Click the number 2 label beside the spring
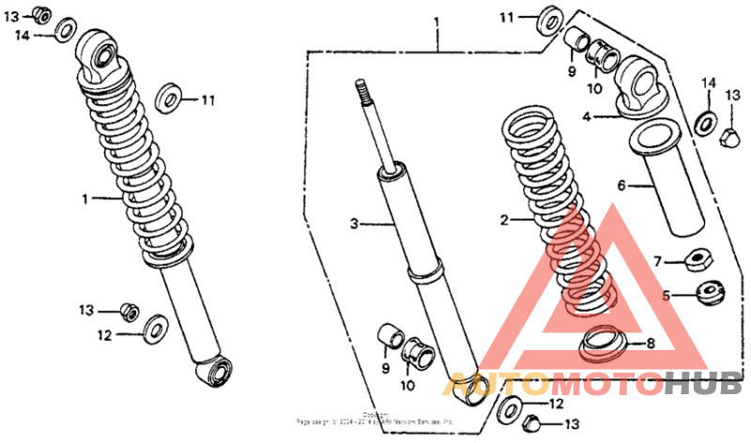(504, 221)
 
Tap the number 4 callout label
(586, 117)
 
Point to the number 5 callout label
(667, 295)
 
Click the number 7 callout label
(658, 260)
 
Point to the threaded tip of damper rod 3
(359, 89)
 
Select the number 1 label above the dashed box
(437, 20)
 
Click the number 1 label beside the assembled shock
(84, 198)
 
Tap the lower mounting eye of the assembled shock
(217, 369)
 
